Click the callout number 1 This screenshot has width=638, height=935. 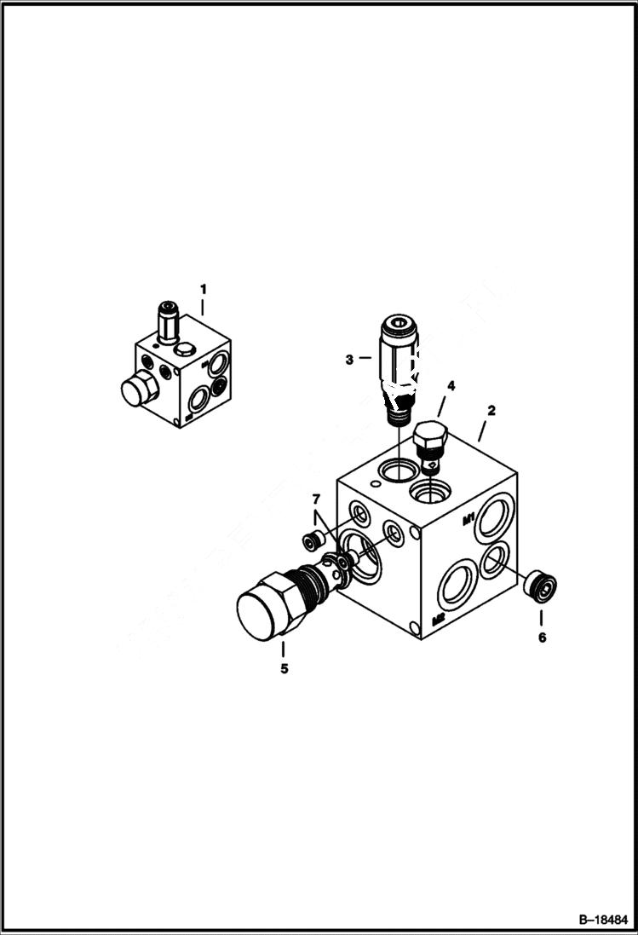click(x=203, y=289)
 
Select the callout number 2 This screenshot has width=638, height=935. click(x=491, y=411)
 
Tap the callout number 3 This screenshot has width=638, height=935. click(x=349, y=360)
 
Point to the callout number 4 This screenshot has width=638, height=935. click(x=451, y=386)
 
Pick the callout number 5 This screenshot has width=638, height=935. click(x=284, y=669)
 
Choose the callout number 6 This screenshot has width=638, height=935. click(x=542, y=637)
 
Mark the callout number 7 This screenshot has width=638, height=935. click(x=315, y=499)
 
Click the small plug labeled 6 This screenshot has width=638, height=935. click(x=541, y=587)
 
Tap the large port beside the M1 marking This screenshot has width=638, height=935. click(x=495, y=517)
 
